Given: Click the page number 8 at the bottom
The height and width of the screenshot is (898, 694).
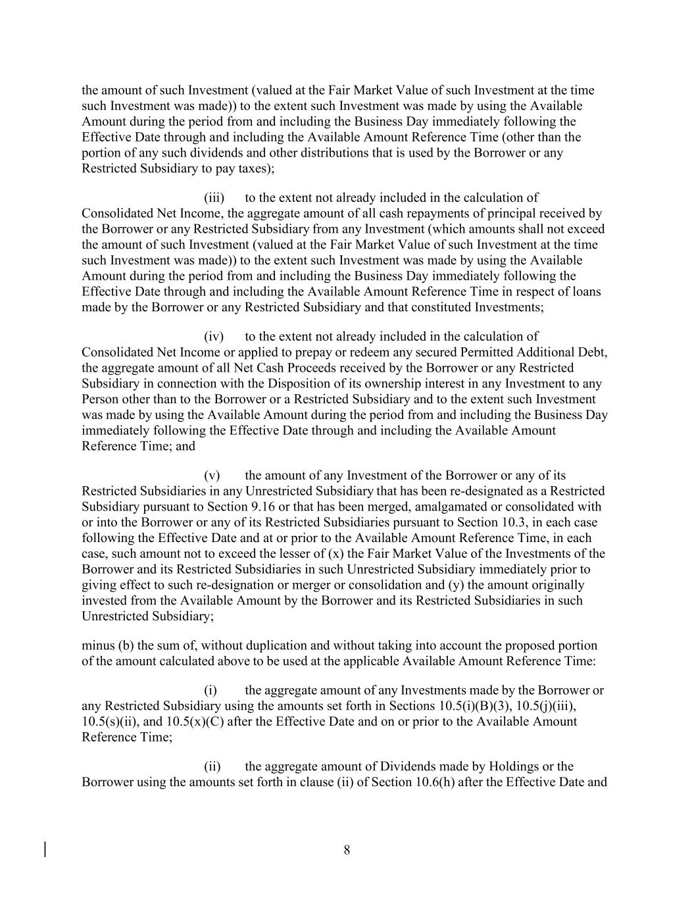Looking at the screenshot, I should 347,850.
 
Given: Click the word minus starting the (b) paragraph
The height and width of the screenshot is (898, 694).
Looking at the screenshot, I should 96,645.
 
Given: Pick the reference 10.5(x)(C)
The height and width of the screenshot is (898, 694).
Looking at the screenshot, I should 195,721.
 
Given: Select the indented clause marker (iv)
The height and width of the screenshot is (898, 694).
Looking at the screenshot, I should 214,337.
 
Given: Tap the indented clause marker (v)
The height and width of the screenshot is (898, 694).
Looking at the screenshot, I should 212,476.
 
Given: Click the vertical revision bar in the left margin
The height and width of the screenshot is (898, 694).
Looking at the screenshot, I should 45,849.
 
